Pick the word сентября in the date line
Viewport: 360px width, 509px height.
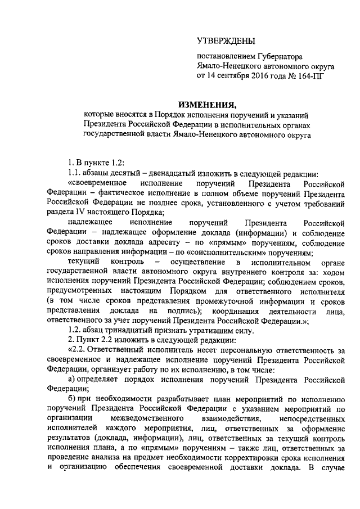click(x=233, y=75)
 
